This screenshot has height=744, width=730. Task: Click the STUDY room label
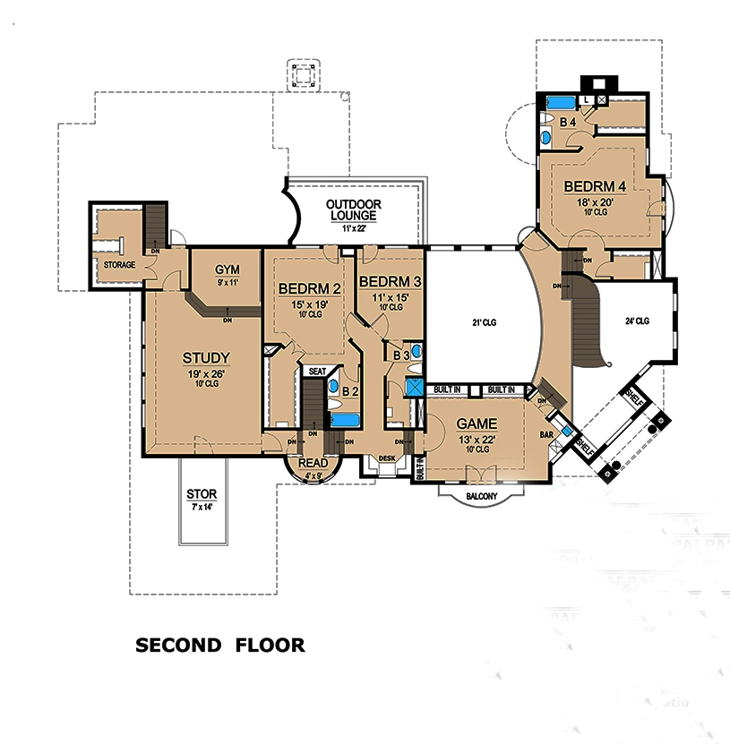click(x=207, y=358)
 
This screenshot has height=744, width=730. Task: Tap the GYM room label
click(x=226, y=271)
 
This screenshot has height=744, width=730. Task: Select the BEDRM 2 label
click(x=309, y=289)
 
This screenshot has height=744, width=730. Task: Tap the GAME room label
click(x=477, y=423)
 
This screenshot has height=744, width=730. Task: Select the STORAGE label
click(x=119, y=265)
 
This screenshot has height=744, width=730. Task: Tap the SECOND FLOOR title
click(x=219, y=645)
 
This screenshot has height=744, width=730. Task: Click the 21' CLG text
click(x=483, y=323)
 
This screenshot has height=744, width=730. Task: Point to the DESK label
click(x=386, y=458)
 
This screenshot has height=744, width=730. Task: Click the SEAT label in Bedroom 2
click(x=317, y=371)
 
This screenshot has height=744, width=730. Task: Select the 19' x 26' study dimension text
click(x=207, y=372)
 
